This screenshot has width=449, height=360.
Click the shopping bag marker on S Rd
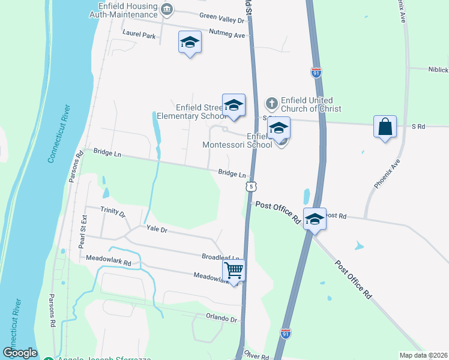click(x=385, y=127)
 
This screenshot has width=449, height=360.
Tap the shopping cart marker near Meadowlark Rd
click(x=234, y=270)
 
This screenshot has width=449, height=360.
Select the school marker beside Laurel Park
click(x=190, y=42)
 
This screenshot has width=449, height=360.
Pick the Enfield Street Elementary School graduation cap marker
click(x=234, y=105)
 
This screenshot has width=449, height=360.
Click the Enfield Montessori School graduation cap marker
click(x=279, y=128)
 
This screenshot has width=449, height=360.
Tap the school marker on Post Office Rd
click(x=315, y=219)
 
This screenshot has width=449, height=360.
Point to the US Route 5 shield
click(x=251, y=187)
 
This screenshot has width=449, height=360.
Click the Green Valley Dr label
click(x=223, y=20)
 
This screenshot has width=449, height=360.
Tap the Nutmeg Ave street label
click(x=228, y=35)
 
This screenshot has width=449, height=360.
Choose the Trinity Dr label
click(x=113, y=214)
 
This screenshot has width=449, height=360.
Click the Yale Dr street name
click(x=157, y=229)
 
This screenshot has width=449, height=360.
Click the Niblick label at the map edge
click(x=438, y=70)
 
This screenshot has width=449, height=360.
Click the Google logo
click(x=20, y=353)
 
